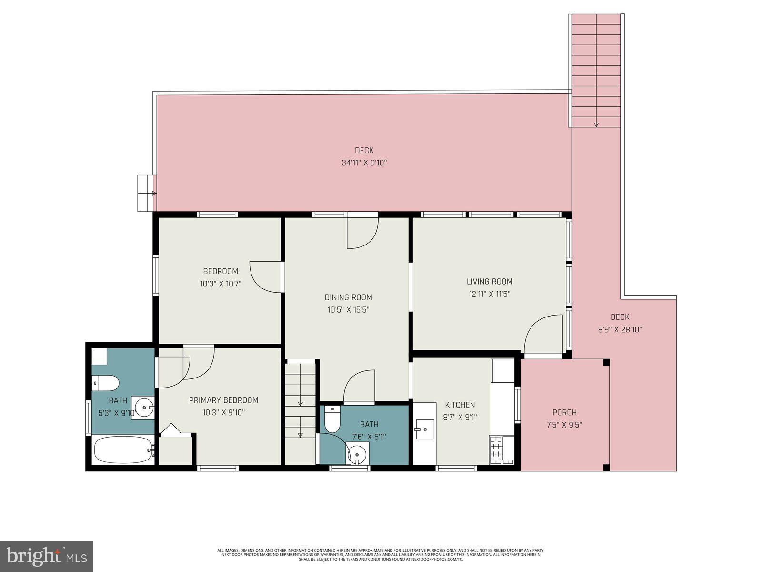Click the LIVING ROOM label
click(x=489, y=282)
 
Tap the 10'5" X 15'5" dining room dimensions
click(x=348, y=310)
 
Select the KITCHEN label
click(x=460, y=405)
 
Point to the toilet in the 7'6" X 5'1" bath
click(x=331, y=419)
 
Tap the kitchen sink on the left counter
click(x=424, y=429)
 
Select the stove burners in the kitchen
click(x=497, y=449)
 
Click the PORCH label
click(x=564, y=413)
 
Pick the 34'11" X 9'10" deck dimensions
click(x=364, y=163)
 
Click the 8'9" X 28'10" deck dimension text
click(x=620, y=329)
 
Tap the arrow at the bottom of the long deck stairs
click(x=596, y=124)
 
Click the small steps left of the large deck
click(x=146, y=193)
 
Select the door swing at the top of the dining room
click(x=362, y=233)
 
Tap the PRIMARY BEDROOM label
click(x=223, y=400)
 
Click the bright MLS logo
click(x=46, y=556)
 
